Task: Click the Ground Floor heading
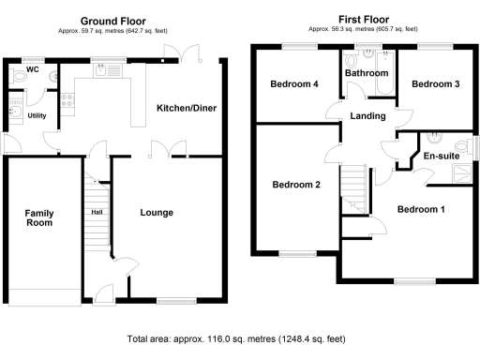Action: pos(114,20)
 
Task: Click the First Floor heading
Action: pos(364,20)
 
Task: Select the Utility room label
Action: pos(37,115)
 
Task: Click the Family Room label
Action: pos(39,219)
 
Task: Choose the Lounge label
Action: pos(157,213)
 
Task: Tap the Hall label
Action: pos(97,212)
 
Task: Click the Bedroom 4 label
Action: pos(294,84)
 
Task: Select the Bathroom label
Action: pos(366,72)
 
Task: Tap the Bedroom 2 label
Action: pos(296,185)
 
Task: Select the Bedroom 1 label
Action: pos(419,209)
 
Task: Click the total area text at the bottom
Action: pos(239,339)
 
